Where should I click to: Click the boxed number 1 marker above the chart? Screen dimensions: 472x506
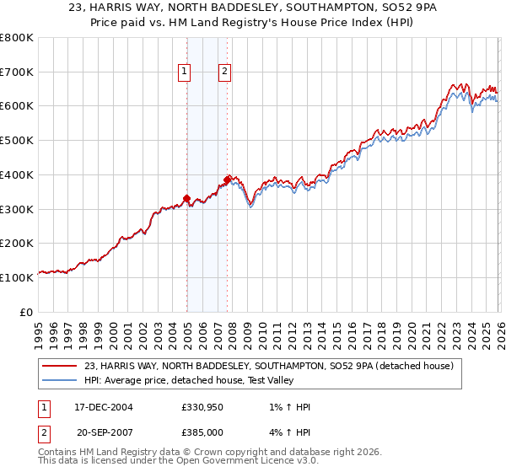point(184,72)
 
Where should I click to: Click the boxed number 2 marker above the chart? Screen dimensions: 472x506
point(225,72)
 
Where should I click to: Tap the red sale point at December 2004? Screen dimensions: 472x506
point(186,199)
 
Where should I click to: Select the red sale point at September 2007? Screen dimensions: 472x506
point(228,180)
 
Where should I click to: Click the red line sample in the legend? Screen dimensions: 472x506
point(62,366)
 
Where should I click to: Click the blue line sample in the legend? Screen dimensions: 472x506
point(62,380)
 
